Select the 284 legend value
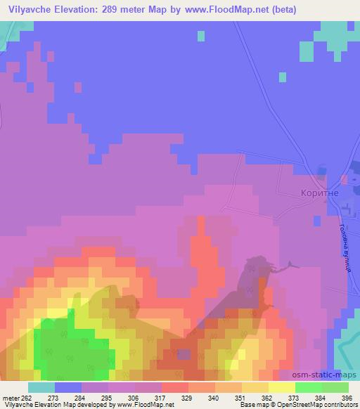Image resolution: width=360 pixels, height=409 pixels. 78,398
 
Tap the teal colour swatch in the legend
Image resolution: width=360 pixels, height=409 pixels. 41,387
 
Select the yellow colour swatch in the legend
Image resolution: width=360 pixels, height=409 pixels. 281,387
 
